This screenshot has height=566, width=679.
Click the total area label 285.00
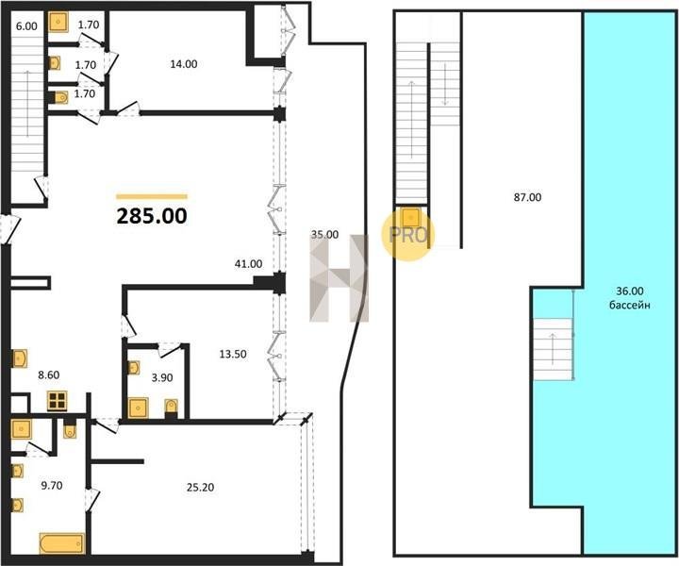(152, 216)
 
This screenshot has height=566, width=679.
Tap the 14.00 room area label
(184, 64)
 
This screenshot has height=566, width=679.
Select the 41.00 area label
(248, 263)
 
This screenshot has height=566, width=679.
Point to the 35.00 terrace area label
(324, 235)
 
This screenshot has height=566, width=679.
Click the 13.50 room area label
(233, 354)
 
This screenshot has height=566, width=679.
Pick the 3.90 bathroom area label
(162, 377)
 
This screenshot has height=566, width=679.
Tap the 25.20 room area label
(200, 488)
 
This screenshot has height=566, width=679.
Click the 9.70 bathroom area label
(52, 486)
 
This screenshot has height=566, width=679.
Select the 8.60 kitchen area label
(48, 375)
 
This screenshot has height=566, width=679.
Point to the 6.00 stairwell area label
(26, 26)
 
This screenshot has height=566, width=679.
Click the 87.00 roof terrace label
(527, 197)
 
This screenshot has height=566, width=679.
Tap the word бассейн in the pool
(630, 305)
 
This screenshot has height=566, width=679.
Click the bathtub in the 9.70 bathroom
(62, 543)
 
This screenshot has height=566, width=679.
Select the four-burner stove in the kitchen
(58, 401)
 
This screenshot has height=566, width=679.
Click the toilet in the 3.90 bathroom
(171, 408)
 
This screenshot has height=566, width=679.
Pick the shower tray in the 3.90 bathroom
(138, 408)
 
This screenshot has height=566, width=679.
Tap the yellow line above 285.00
(152, 196)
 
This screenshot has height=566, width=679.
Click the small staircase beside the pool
(553, 349)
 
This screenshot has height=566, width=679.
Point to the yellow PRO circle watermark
(407, 234)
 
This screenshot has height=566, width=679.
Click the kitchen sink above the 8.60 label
(20, 358)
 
